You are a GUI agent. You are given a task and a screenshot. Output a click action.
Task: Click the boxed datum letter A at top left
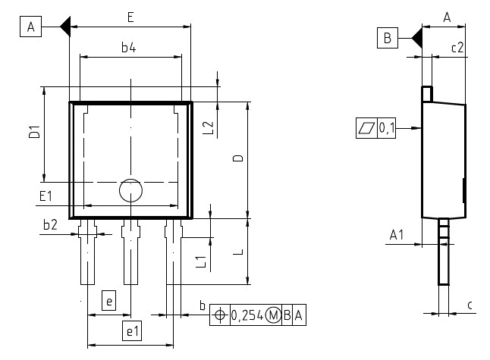pos(31,28)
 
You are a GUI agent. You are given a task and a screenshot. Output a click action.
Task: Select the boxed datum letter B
pos(387,37)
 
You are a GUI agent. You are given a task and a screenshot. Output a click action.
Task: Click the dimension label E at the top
pos(130,17)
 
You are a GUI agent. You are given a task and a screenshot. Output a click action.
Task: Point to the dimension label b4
pos(129,48)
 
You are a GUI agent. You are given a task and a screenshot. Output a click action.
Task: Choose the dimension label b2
pos(50,224)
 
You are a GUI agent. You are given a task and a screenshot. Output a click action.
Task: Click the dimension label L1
pos(201,261)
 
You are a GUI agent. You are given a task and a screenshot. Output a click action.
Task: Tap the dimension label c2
pos(457,47)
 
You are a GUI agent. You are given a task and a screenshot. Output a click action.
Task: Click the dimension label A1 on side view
pos(397,236)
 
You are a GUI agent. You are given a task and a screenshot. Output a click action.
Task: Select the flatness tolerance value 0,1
pos(386,128)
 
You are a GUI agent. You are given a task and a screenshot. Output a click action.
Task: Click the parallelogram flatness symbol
pos(366,128)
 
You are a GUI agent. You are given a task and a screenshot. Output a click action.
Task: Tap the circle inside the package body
pos(130,191)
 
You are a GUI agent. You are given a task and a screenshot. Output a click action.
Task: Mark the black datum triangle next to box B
pos(416,37)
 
